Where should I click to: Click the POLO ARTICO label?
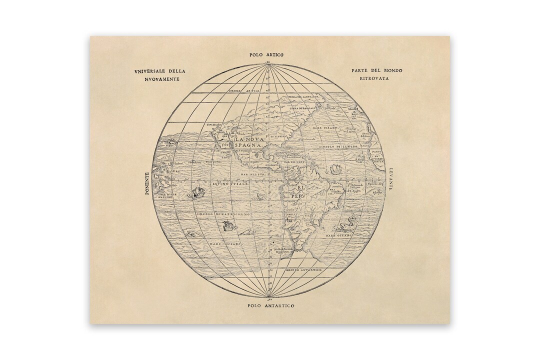coord(270,54)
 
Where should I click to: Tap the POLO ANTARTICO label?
coord(271,305)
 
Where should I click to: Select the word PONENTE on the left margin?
coord(147,183)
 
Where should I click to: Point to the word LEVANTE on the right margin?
coord(391,179)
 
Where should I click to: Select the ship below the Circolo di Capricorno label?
coord(228,226)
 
